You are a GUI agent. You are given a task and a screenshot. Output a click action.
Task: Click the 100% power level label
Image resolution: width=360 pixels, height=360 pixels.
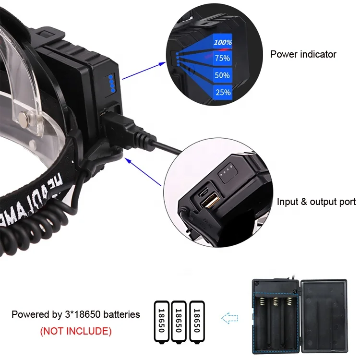(223, 42)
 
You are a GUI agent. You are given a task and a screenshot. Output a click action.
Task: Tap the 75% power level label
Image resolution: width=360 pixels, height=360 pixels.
(222, 58)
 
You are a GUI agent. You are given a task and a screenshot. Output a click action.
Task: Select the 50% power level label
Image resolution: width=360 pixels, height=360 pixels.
(222, 75)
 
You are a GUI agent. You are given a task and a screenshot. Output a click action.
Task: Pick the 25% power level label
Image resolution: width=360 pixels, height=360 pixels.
(223, 92)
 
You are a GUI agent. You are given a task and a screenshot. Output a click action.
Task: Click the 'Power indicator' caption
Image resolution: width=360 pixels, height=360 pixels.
(303, 54)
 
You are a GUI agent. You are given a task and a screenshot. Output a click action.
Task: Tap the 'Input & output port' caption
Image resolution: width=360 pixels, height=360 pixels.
(316, 202)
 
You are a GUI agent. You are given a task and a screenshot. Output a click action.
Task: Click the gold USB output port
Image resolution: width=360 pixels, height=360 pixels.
(211, 200)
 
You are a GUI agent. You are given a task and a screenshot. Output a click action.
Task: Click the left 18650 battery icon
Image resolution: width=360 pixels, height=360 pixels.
(162, 322)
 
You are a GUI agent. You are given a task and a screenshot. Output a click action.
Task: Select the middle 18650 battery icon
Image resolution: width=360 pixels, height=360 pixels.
(179, 322)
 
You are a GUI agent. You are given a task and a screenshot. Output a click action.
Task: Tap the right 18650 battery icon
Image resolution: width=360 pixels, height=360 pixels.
(196, 322)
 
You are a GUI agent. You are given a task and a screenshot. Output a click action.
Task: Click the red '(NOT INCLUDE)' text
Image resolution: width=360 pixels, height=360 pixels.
(75, 331)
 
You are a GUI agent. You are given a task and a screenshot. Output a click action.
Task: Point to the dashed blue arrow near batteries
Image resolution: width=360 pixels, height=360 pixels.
(230, 317)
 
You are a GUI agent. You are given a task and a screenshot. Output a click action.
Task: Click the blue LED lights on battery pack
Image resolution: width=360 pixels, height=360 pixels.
(111, 84)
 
